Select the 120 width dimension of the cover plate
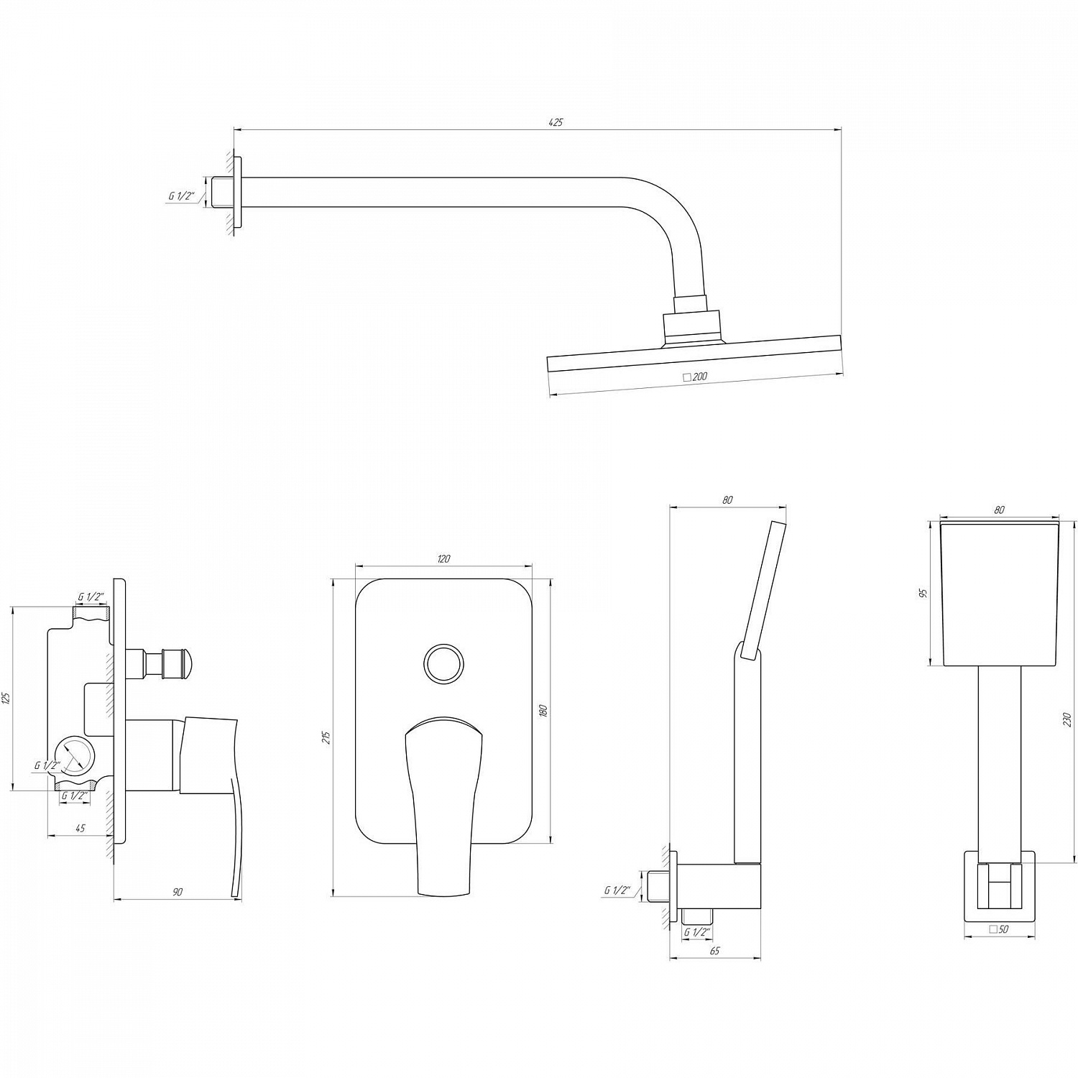[443, 559]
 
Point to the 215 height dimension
[327, 737]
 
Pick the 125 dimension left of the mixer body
[6, 697]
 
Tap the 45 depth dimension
[80, 829]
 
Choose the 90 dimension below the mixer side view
[178, 892]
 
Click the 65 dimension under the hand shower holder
[714, 951]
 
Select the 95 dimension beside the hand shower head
[924, 593]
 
